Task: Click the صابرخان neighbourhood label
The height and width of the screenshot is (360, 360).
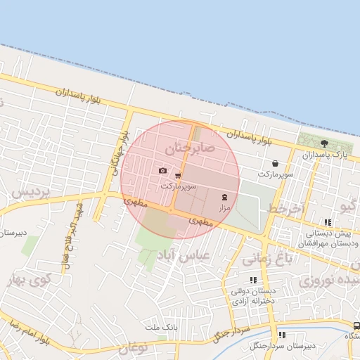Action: coord(188,149)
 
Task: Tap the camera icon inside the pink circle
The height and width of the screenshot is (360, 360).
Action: coord(163,171)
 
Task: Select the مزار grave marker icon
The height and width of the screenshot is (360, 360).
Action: coord(224,197)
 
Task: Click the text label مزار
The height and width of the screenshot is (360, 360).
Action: coord(224,208)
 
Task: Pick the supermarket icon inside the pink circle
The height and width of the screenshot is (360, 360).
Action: coord(178,176)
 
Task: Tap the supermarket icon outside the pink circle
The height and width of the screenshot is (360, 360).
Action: coord(274,163)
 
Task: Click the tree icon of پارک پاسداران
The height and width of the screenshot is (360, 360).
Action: coord(323,143)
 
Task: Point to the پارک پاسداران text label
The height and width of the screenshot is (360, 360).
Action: coord(324,154)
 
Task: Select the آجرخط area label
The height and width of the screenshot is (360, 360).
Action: coord(284,210)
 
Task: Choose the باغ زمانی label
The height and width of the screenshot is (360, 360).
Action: coord(266,259)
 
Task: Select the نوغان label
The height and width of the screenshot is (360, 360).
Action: coord(134,347)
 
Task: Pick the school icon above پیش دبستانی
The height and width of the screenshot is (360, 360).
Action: coord(328,223)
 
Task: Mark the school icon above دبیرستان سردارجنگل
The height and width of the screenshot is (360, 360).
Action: coord(282,335)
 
